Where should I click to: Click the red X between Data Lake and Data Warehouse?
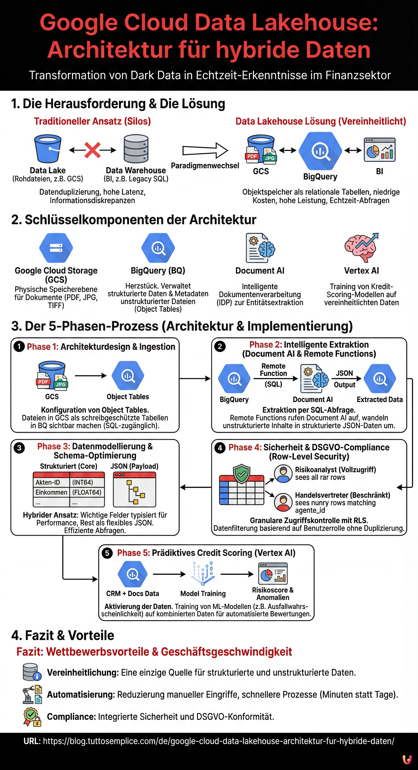pyautogui.click(x=92, y=150)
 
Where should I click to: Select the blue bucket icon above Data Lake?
pyautogui.click(x=48, y=149)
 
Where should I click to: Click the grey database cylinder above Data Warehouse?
pyautogui.click(x=136, y=149)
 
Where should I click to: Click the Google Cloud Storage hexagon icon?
pyautogui.click(x=56, y=248)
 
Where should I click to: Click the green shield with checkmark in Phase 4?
pyautogui.click(x=242, y=474)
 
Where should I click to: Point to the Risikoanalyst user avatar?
pyautogui.click(x=283, y=474)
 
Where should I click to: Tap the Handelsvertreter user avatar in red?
pyautogui.click(x=283, y=502)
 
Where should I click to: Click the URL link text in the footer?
pyautogui.click(x=218, y=741)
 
